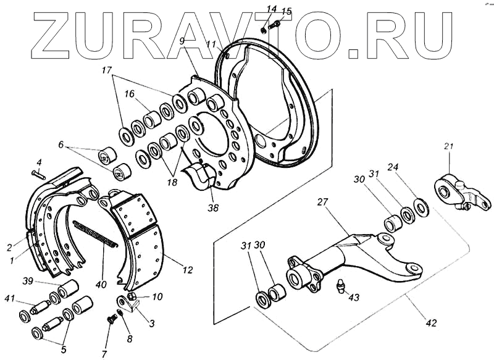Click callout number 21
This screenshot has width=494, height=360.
[x=448, y=146]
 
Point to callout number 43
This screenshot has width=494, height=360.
[x=354, y=297]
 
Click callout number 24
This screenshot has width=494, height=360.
[x=393, y=167]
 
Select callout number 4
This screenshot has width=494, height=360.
[x=38, y=162]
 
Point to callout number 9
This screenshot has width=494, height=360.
[x=182, y=41]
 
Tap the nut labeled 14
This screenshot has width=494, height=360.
[x=265, y=28]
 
